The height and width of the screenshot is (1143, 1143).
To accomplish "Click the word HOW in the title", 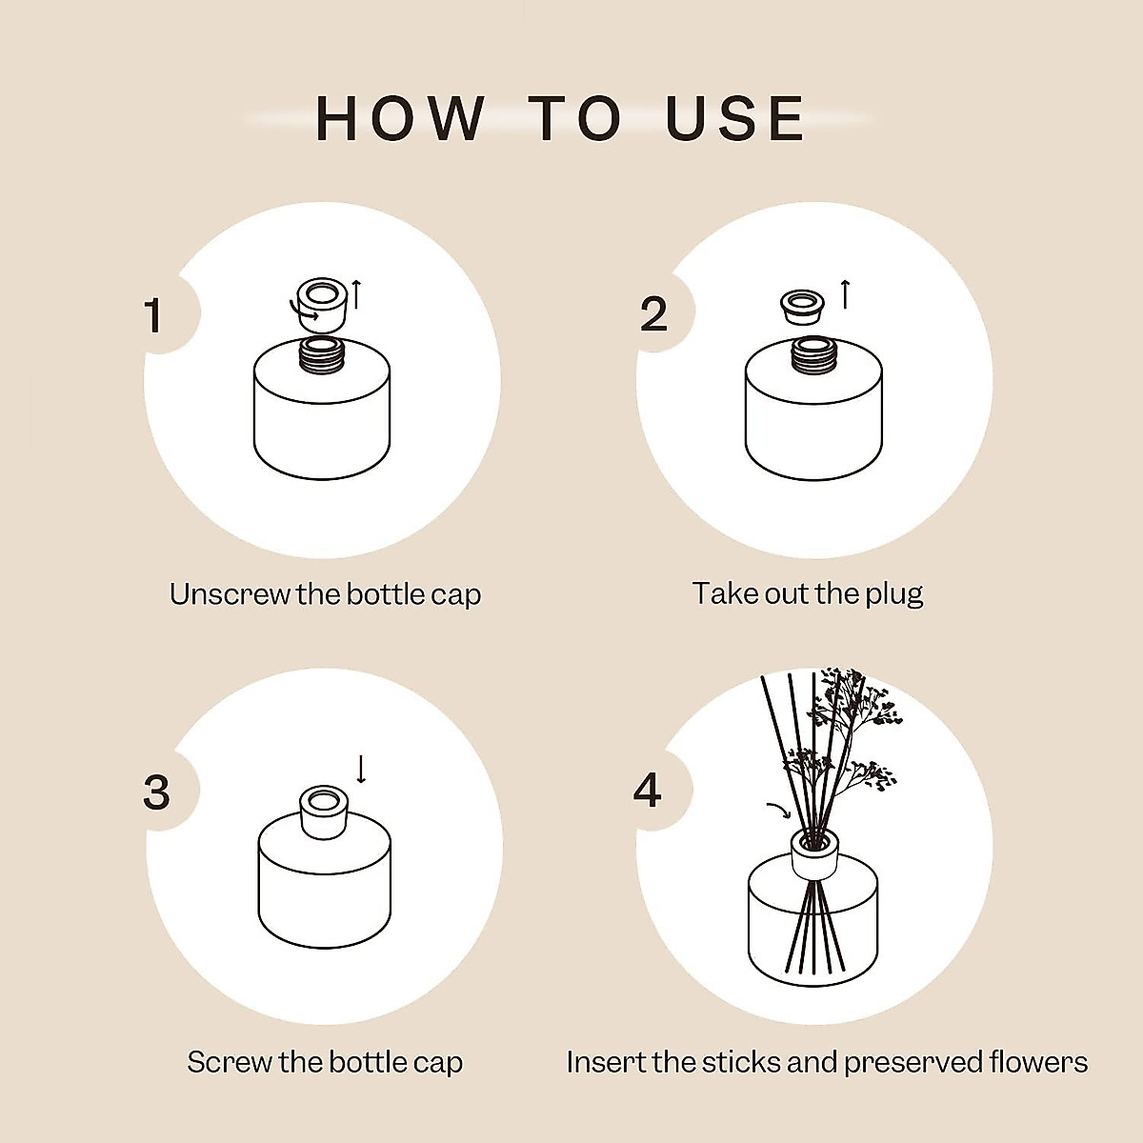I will click(x=400, y=119).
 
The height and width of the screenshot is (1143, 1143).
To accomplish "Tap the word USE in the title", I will click(x=735, y=119).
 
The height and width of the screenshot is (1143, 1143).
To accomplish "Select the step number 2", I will click(x=653, y=315).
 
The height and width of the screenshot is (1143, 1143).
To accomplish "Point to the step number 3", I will click(x=156, y=792).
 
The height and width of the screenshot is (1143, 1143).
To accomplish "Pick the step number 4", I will click(x=648, y=791).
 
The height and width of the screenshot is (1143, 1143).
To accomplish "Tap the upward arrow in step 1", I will click(x=356, y=293).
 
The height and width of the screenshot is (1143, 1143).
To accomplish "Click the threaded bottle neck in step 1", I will click(x=322, y=354).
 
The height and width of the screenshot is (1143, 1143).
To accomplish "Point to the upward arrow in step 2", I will click(x=844, y=293).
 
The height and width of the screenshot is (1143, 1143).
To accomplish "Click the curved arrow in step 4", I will click(x=778, y=811).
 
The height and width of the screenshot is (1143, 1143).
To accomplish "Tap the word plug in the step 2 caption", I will click(x=893, y=594).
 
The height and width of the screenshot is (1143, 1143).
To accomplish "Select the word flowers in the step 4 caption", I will click(x=1038, y=1062).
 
